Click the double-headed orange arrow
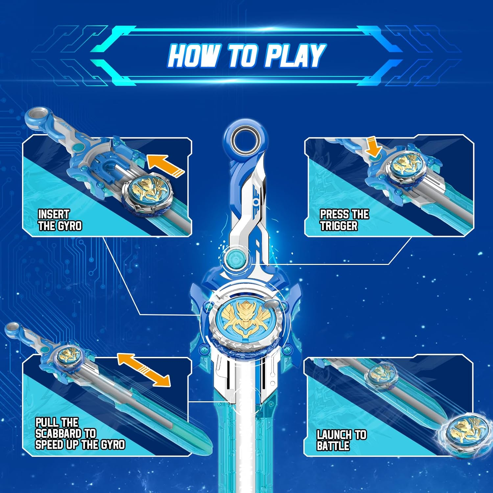click(x=144, y=370)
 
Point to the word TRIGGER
click(x=339, y=226)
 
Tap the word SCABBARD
click(x=59, y=434)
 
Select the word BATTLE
click(x=333, y=446)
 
